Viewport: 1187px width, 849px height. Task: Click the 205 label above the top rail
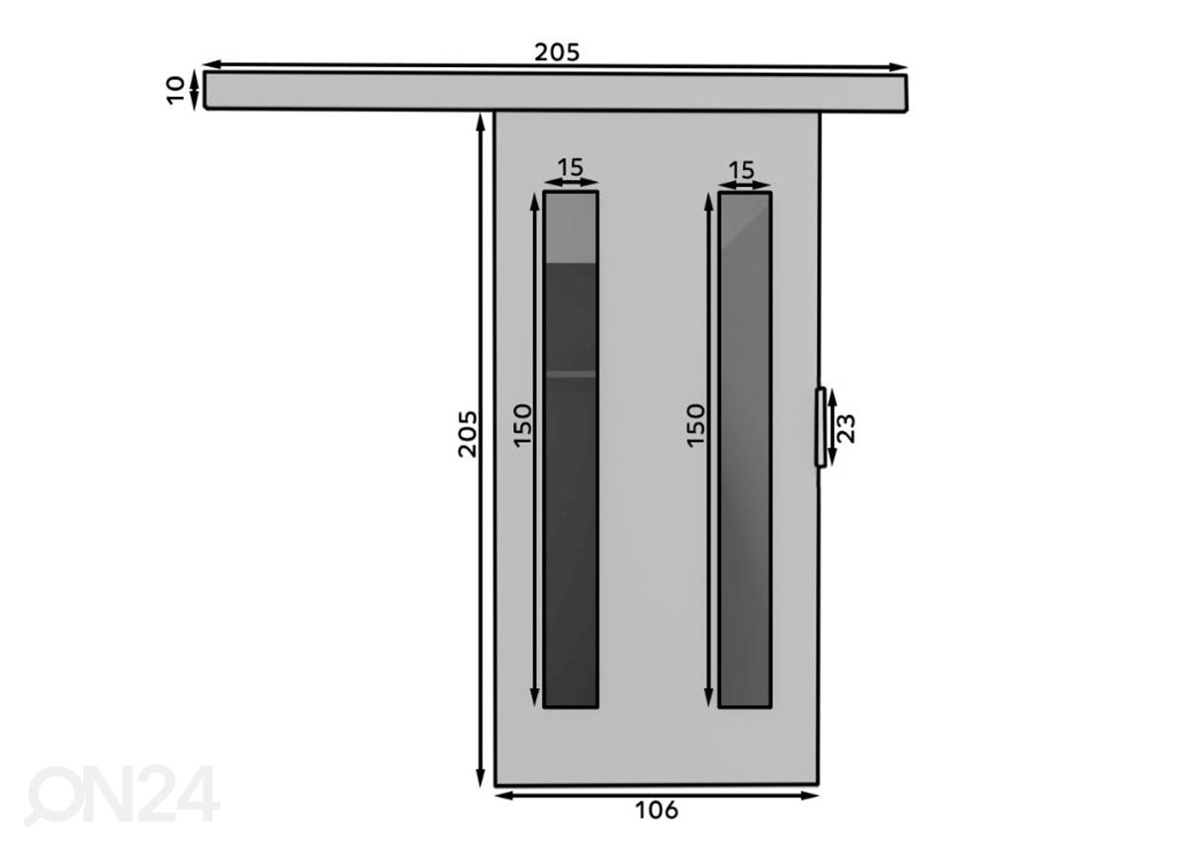coord(556,52)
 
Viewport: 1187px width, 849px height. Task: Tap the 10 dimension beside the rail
coord(175,91)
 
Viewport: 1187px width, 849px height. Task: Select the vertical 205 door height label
coord(467,434)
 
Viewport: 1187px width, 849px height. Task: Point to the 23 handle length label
coord(848,429)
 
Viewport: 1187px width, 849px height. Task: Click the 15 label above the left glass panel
coord(570,167)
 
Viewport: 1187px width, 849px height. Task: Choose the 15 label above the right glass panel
coord(741,170)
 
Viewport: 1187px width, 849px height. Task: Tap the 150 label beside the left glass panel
coord(522,425)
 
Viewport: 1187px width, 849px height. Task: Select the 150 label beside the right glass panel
coord(695,425)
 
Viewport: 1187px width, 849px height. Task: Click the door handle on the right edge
coord(820,427)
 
